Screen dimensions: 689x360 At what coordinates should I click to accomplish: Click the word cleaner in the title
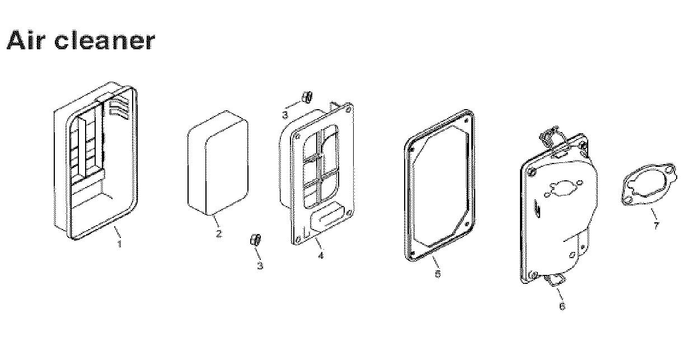pyautogui.click(x=105, y=40)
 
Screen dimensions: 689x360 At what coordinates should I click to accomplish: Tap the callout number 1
pyautogui.click(x=119, y=244)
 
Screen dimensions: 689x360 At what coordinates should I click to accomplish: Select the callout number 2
pyautogui.click(x=219, y=233)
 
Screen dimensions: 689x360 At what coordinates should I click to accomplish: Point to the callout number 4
pyautogui.click(x=321, y=255)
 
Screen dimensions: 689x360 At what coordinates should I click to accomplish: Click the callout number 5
pyautogui.click(x=438, y=274)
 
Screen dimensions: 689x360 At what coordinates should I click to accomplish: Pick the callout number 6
pyautogui.click(x=562, y=306)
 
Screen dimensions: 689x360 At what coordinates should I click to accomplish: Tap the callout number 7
pyautogui.click(x=656, y=226)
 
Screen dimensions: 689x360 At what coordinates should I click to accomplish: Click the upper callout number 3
pyautogui.click(x=285, y=115)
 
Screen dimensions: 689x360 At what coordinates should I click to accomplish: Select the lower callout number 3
pyautogui.click(x=260, y=265)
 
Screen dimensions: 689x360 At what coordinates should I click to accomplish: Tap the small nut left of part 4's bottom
pyautogui.click(x=256, y=240)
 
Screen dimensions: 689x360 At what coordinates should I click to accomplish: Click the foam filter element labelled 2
pyautogui.click(x=218, y=162)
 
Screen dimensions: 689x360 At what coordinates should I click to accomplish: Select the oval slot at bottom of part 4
pyautogui.click(x=327, y=216)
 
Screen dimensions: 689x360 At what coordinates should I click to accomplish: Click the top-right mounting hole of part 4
pyautogui.click(x=348, y=109)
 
